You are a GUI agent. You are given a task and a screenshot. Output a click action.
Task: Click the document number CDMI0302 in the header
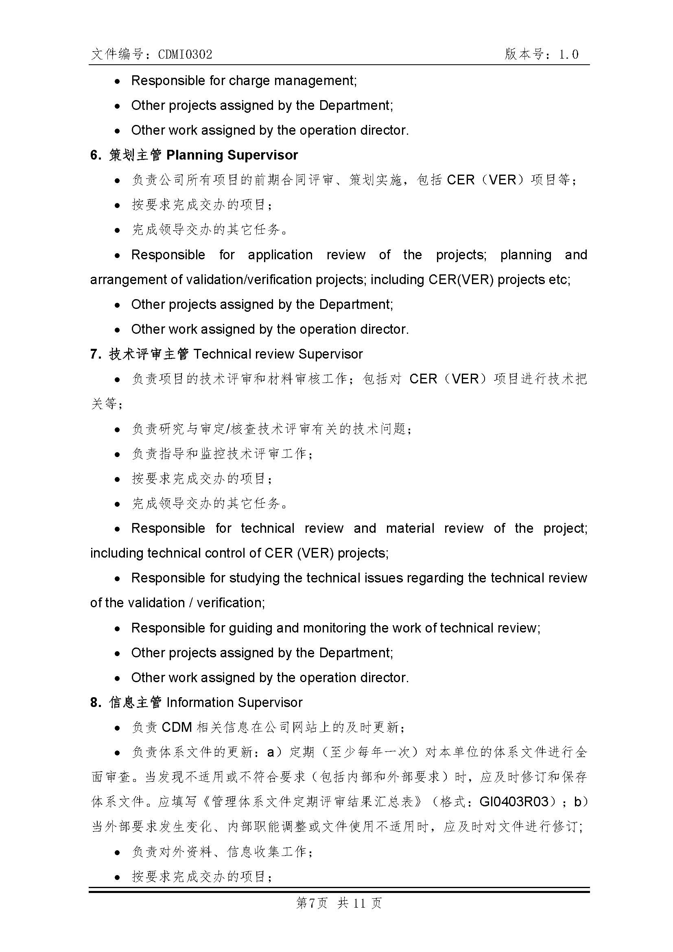coord(185,55)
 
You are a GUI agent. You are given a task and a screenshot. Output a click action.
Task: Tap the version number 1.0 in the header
coord(568,54)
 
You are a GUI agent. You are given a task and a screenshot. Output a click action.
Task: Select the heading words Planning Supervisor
coord(232,155)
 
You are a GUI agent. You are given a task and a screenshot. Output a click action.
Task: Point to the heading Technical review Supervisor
coord(278,354)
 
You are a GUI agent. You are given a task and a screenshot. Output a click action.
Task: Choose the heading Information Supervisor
coord(234,703)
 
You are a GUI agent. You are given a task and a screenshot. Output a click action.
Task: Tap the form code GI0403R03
coord(514,802)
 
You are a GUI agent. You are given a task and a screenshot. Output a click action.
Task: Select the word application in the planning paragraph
coord(280,254)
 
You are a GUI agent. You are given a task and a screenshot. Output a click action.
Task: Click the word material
coord(410,528)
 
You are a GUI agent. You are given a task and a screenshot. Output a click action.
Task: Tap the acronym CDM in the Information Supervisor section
coord(177,727)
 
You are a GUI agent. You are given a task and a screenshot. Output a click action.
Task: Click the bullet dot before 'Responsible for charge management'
coord(118,81)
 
